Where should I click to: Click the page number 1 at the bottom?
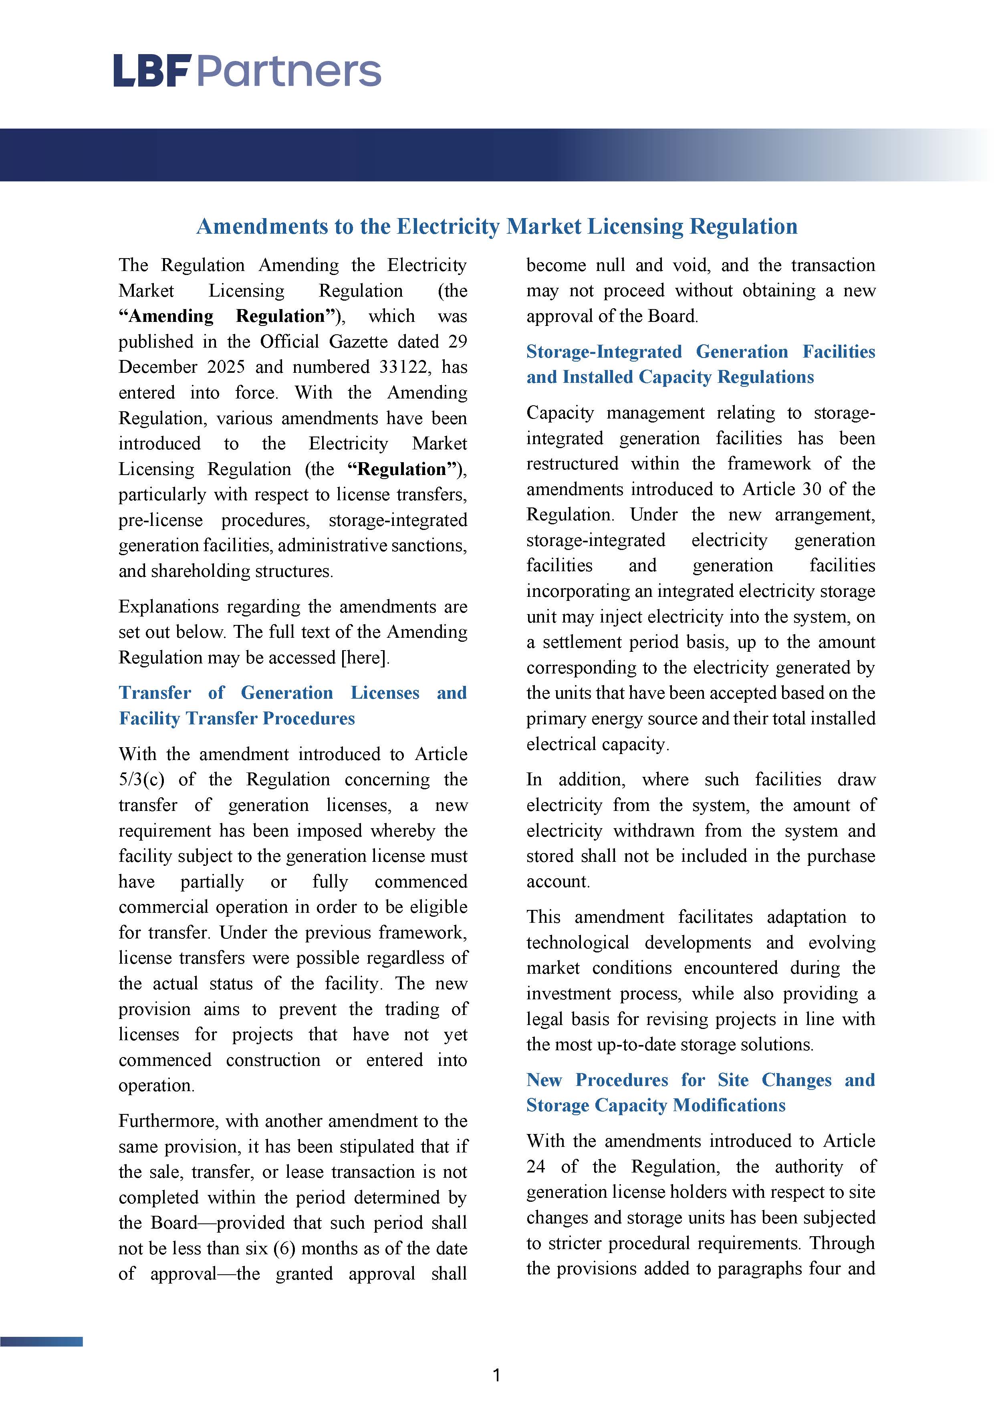coord(496,1375)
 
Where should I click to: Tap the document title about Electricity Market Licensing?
coord(496,227)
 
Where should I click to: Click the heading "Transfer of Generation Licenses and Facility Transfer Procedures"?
coord(292,705)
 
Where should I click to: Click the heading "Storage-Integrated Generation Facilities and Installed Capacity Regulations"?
coord(700,364)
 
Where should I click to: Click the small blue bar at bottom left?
coord(41,1342)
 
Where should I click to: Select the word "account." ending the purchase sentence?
coord(558,882)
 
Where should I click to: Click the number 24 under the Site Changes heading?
coord(536,1166)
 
